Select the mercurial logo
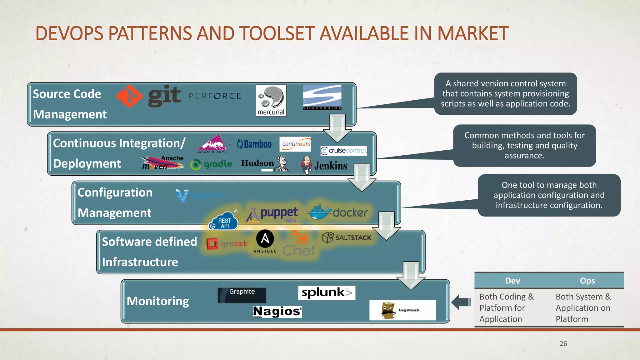point(271,100)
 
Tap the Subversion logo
point(322,97)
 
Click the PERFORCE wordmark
point(215,96)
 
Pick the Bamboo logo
point(254,144)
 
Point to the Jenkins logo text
point(331,165)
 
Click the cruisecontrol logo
point(343,151)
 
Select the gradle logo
point(212,164)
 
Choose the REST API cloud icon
point(223,222)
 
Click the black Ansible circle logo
point(265,239)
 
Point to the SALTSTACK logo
point(347,237)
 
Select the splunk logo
point(327,292)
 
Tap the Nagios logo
point(277,312)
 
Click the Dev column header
point(512,281)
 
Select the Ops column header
point(587,281)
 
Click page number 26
point(563,343)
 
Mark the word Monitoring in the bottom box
point(158,301)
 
